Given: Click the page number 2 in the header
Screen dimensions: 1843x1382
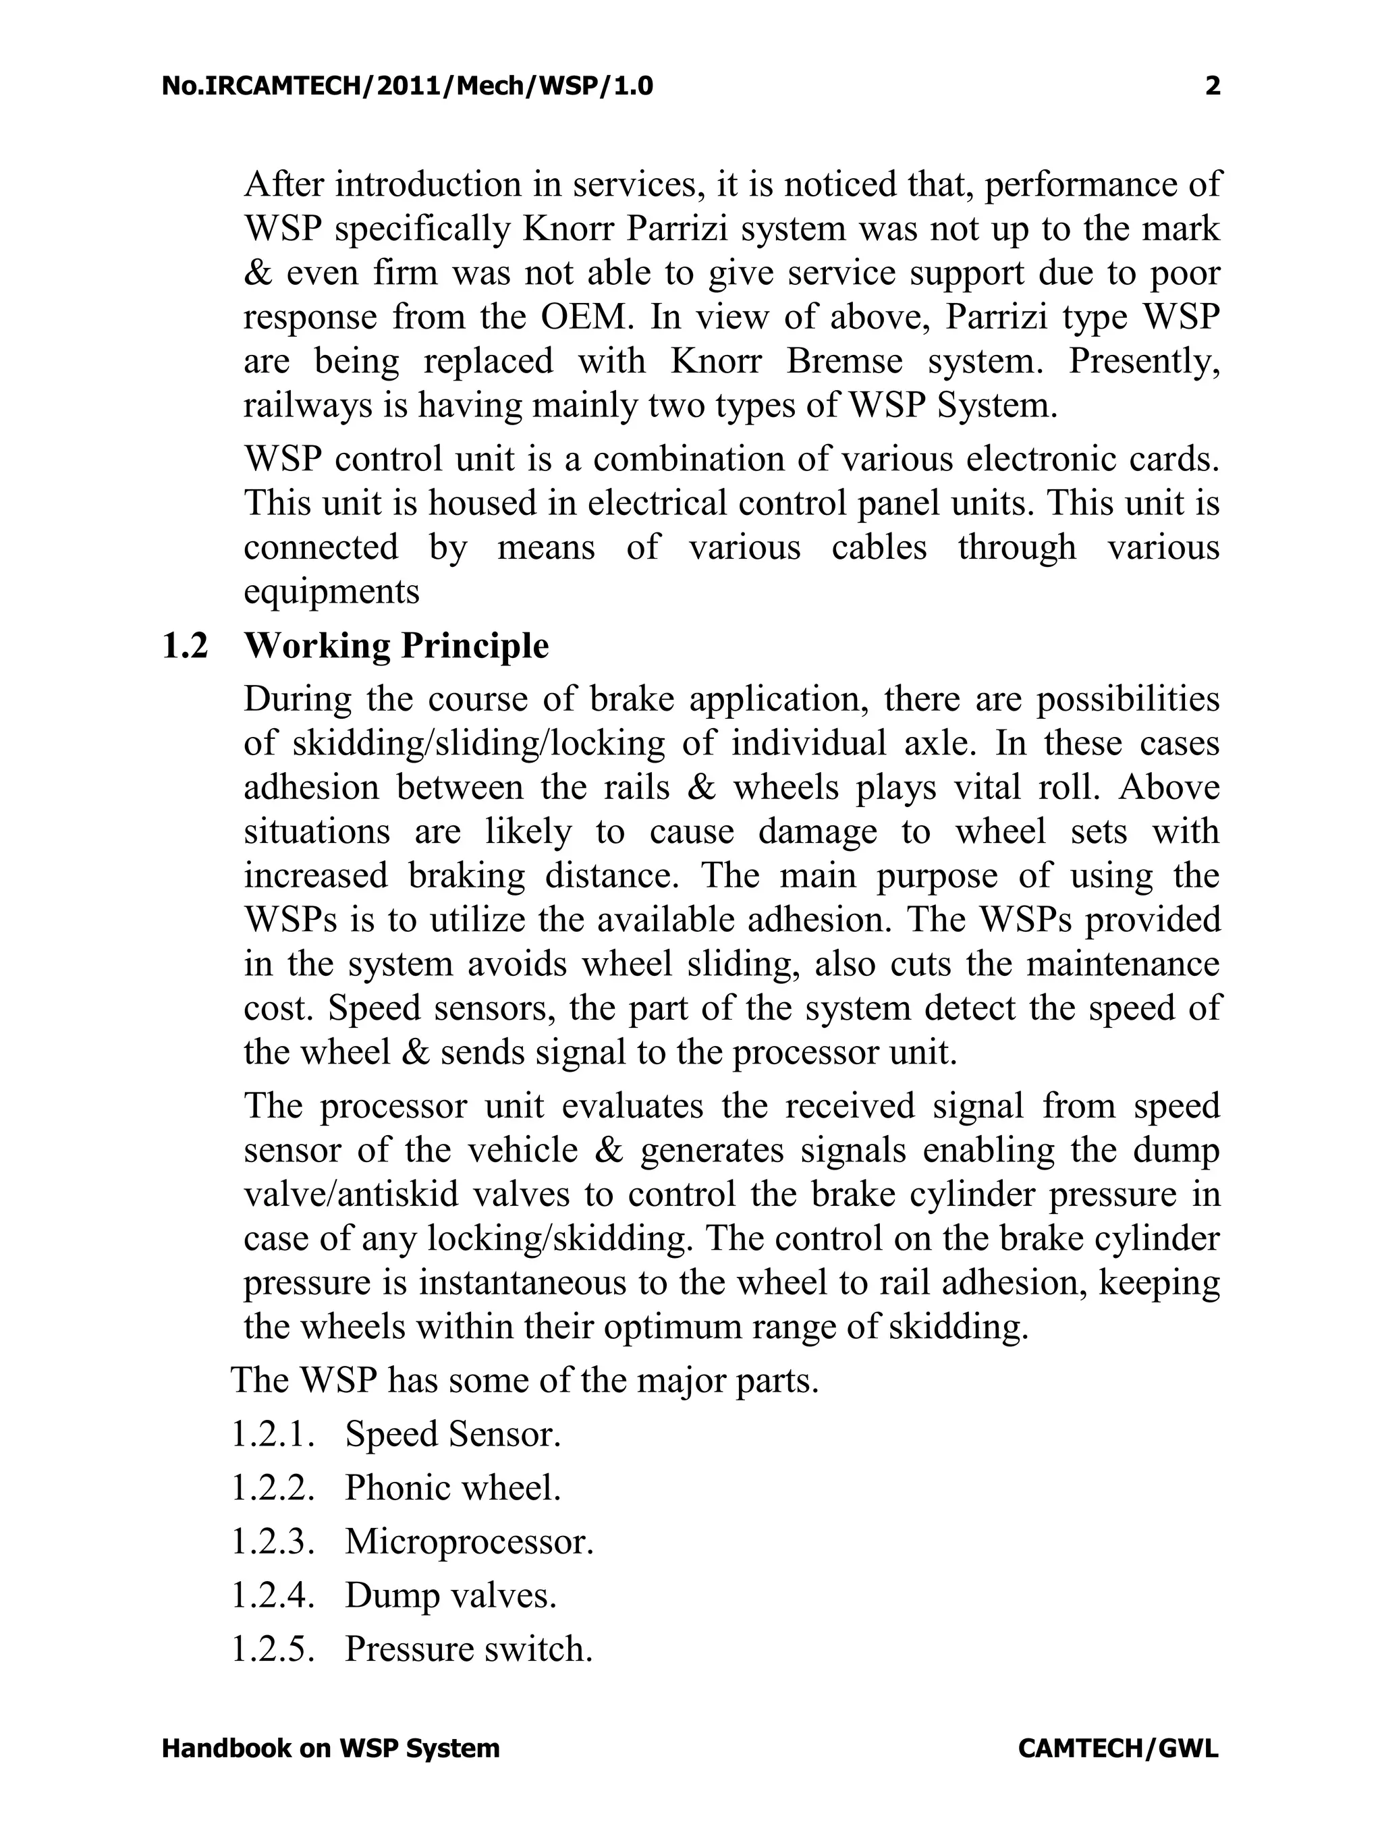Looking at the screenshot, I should (x=1212, y=86).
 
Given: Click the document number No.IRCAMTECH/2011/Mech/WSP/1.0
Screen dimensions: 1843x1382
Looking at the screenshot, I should (x=408, y=86).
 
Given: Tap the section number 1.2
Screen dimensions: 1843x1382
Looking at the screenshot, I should (x=184, y=647).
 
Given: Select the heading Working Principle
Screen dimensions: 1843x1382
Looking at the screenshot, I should (x=397, y=647).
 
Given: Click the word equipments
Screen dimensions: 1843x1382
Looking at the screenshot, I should (x=331, y=592).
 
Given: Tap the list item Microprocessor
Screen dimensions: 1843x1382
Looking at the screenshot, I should (x=469, y=1542).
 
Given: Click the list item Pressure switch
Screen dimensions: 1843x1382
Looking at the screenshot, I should (x=468, y=1650).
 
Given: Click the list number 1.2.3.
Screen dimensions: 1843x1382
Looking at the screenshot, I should (x=273, y=1542).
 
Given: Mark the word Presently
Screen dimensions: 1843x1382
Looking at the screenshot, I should (x=1144, y=362).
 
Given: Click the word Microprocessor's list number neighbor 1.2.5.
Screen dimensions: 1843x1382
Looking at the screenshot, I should (x=273, y=1650).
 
